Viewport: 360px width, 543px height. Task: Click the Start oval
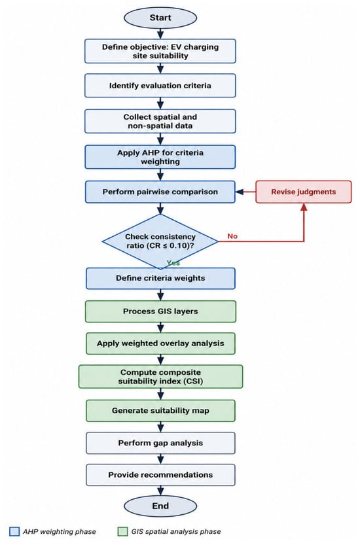pyautogui.click(x=160, y=18)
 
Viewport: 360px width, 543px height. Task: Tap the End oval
pyautogui.click(x=160, y=506)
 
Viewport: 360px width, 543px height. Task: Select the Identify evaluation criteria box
pyautogui.click(x=160, y=86)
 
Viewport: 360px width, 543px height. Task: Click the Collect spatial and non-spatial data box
pyautogui.click(x=160, y=121)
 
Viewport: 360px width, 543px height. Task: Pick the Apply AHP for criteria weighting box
pyautogui.click(x=160, y=157)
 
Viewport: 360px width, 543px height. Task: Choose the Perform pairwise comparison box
pyautogui.click(x=160, y=192)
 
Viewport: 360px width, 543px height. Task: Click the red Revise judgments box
pyautogui.click(x=304, y=192)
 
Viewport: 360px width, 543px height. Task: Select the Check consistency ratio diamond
pyautogui.click(x=160, y=241)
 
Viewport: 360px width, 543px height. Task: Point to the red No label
pyautogui.click(x=232, y=236)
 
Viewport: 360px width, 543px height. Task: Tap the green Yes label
pyautogui.click(x=173, y=263)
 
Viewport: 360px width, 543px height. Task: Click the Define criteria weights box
pyautogui.click(x=160, y=279)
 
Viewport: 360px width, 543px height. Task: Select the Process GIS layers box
pyautogui.click(x=160, y=311)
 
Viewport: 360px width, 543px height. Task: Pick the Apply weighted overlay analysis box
pyautogui.click(x=160, y=343)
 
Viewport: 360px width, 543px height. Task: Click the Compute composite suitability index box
pyautogui.click(x=160, y=376)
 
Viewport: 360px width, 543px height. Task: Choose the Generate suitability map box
pyautogui.click(x=160, y=411)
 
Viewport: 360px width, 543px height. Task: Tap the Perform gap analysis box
pyautogui.click(x=160, y=443)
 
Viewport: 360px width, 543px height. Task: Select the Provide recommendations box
pyautogui.click(x=160, y=475)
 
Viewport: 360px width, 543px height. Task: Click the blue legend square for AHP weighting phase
pyautogui.click(x=14, y=532)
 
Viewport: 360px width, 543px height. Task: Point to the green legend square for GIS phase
pyautogui.click(x=122, y=532)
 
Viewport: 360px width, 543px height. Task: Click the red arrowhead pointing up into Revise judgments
pyautogui.click(x=304, y=207)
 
